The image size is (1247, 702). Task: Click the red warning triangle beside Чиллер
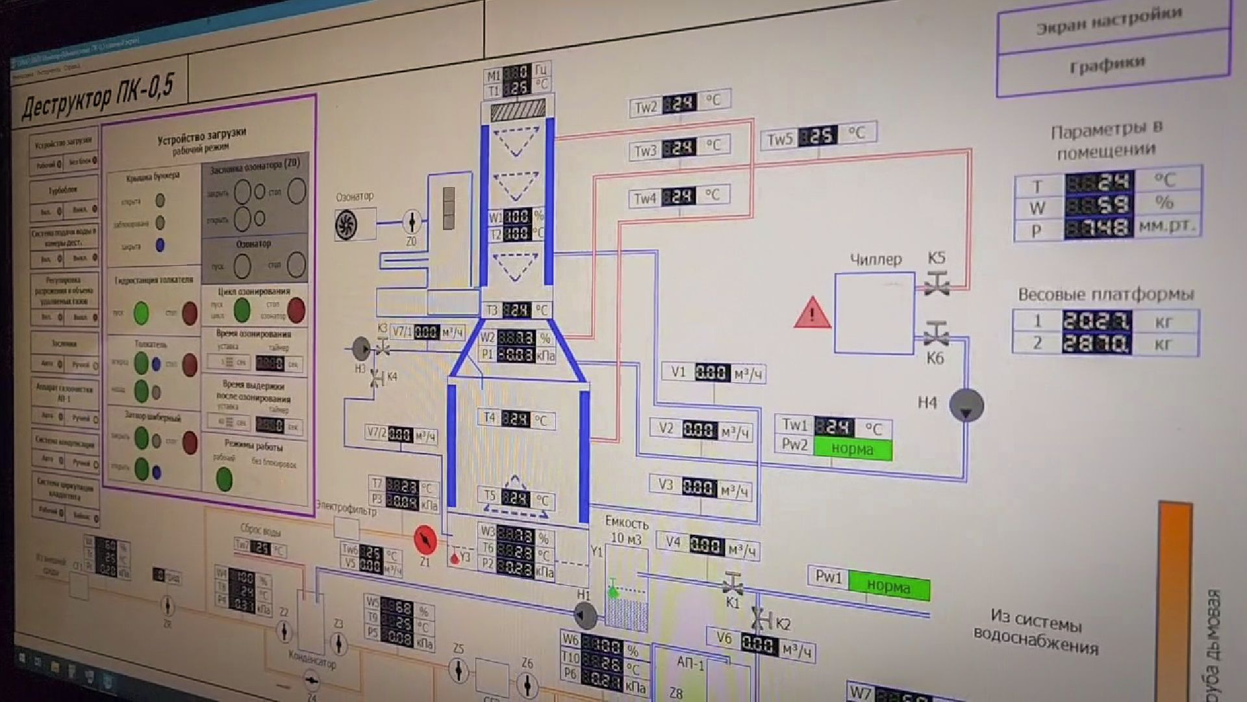pos(812,313)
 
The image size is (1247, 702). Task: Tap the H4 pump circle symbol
pos(966,406)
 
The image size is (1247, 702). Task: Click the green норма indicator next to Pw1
pos(888,586)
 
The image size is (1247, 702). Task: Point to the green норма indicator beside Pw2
pos(853,448)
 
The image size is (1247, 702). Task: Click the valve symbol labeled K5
pos(937,283)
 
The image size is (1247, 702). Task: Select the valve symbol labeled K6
pos(935,335)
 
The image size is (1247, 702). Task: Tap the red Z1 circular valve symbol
pos(425,539)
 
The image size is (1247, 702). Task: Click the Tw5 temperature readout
pos(818,136)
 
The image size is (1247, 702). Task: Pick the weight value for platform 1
pos(1097,321)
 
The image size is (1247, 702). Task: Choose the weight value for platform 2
pos(1097,343)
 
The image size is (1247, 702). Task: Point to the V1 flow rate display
pos(711,372)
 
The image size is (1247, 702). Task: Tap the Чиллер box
pos(874,313)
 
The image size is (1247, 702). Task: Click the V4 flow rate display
pos(706,545)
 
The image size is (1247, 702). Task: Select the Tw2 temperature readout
pos(679,103)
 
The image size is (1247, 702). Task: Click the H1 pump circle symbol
pos(585,614)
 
